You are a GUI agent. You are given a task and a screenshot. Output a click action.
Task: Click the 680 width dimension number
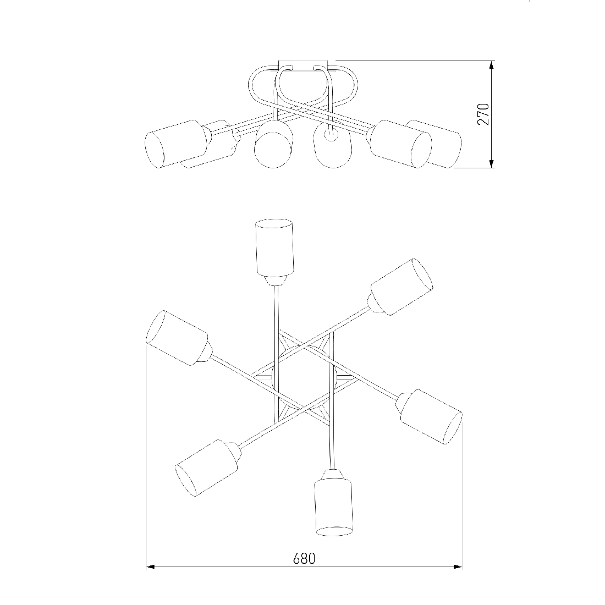304,559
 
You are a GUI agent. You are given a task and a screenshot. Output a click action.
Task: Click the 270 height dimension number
483,114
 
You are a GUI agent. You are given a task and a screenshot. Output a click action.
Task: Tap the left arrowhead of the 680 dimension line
151,567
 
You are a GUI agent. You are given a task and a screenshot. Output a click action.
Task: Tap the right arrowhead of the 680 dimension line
458,567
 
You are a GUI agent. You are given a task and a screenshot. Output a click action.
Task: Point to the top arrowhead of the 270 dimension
492,65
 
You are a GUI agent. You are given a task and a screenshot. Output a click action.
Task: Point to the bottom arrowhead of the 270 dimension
492,164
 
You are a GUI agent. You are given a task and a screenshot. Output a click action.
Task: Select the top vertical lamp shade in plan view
274,248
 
